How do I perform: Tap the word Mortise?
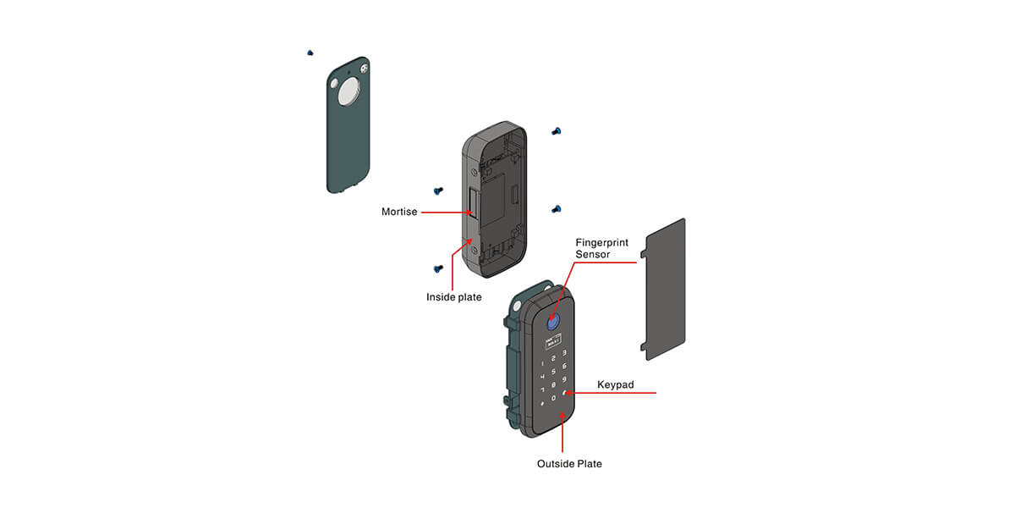click(398, 212)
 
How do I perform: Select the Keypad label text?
click(615, 385)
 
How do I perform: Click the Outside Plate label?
click(569, 463)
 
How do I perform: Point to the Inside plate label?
click(454, 297)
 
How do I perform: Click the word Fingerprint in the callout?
click(601, 242)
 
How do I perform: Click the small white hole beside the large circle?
click(332, 85)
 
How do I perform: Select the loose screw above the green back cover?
click(310, 52)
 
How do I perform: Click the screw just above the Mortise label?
click(438, 190)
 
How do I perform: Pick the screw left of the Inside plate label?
click(438, 268)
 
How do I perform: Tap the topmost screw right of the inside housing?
click(556, 130)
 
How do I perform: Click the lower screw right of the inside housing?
click(556, 208)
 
